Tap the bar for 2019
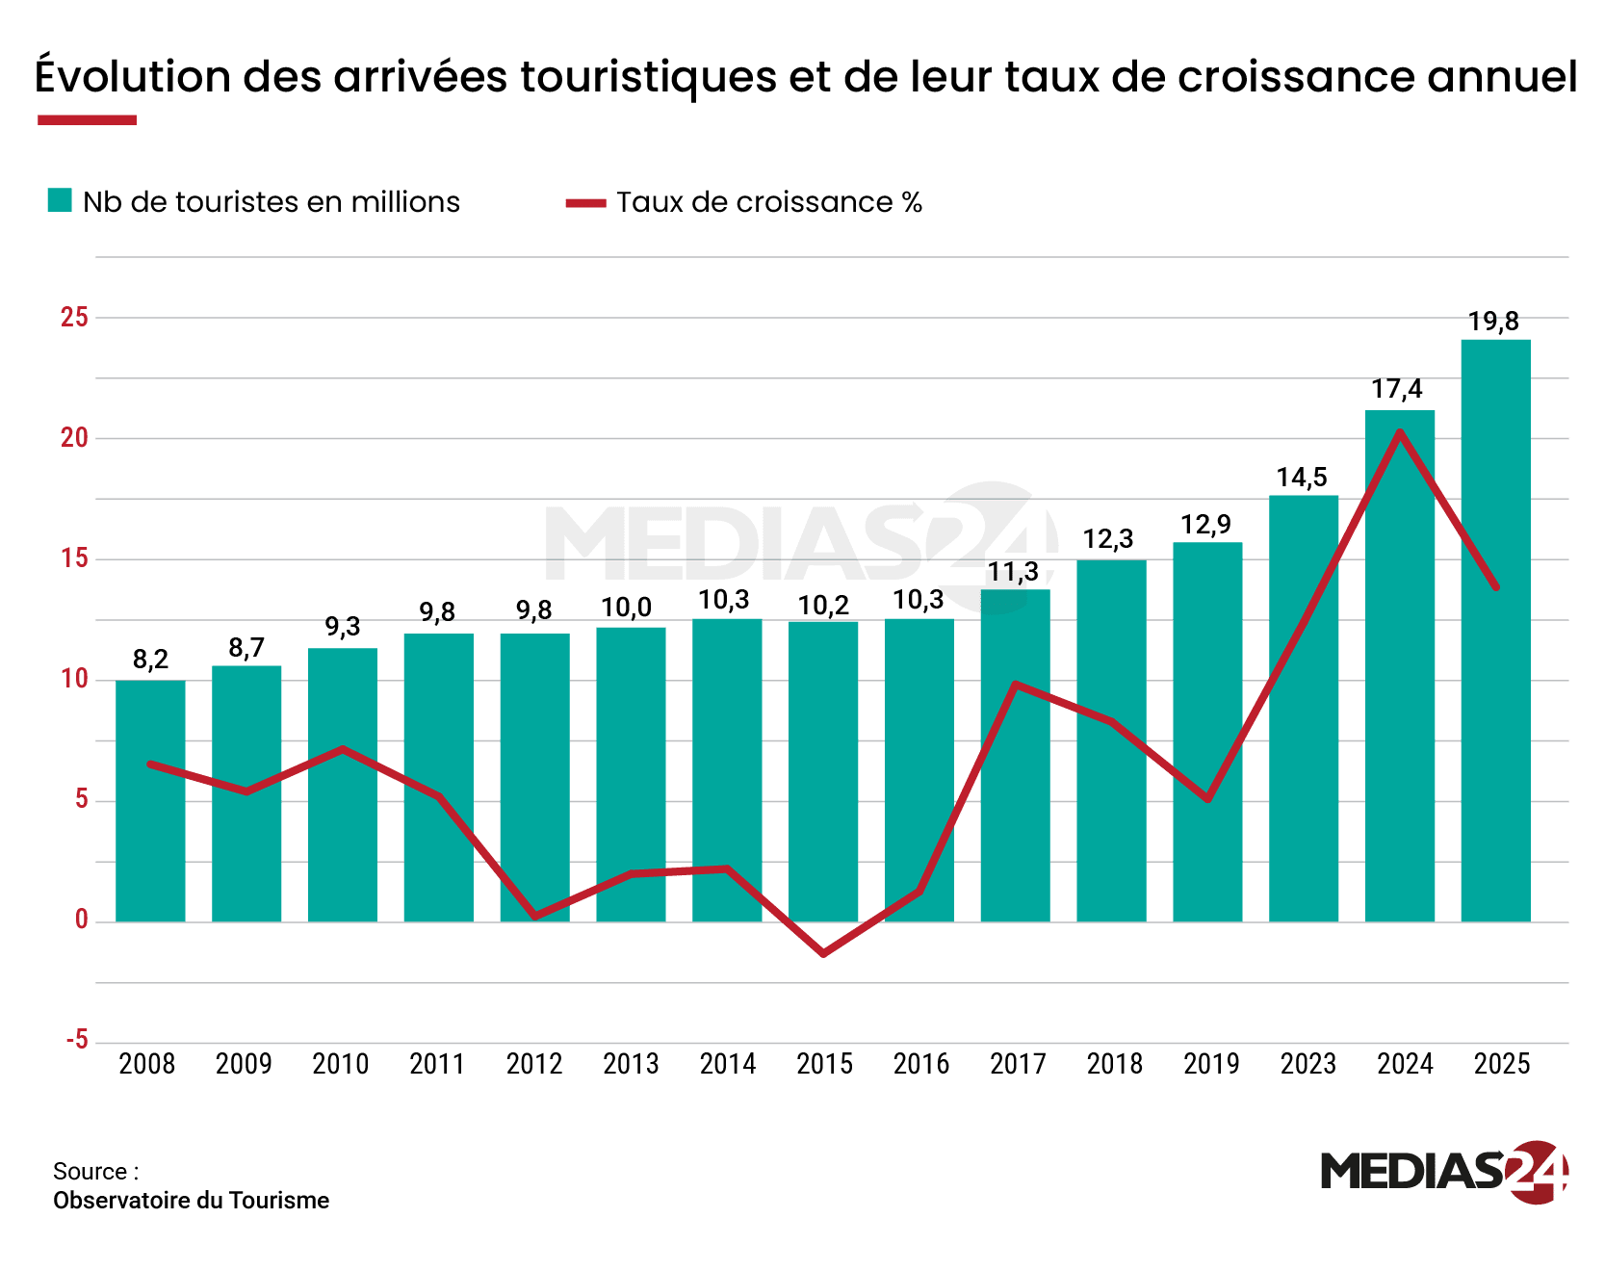coord(1207,732)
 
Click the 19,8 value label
coord(1493,322)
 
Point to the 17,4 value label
coord(1397,389)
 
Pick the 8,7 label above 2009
coord(246,648)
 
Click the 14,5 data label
coord(1302,477)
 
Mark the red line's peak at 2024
coord(1400,431)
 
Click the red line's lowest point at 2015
coord(824,953)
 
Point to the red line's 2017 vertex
coord(1016,684)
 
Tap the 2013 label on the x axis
coord(631,1064)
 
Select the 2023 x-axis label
coord(1307,1064)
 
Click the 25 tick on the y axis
coord(74,317)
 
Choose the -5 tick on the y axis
coord(77,1041)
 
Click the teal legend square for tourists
coord(60,200)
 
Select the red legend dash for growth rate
coord(585,202)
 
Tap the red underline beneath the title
coord(87,120)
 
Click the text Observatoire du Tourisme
coord(191,1201)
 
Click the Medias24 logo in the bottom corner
coord(1443,1171)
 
